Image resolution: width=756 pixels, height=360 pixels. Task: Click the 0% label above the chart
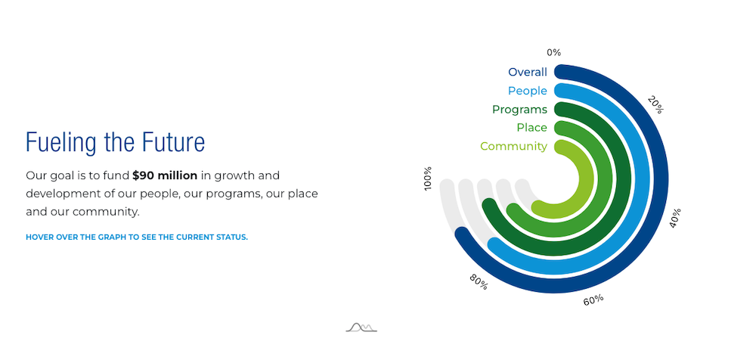[554, 53]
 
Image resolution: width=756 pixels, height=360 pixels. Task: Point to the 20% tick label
[655, 104]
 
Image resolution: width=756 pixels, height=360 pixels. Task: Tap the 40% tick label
[675, 218]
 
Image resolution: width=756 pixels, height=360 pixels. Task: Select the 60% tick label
[593, 300]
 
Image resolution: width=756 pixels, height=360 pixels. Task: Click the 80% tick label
[479, 282]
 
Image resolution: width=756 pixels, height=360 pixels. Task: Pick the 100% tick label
[428, 178]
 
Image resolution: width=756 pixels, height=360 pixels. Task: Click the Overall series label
[528, 73]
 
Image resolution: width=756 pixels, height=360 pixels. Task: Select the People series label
[528, 91]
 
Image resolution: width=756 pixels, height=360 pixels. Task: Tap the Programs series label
[520, 110]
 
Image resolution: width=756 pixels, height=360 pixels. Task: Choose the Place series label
[531, 127]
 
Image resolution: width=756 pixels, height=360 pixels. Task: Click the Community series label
[513, 146]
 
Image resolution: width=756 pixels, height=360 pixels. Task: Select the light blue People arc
[643, 178]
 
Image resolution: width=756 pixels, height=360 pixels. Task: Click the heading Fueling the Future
[115, 142]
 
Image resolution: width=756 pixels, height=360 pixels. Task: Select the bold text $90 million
[165, 175]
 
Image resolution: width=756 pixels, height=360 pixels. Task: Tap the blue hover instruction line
[137, 237]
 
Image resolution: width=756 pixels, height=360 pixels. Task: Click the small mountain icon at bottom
[361, 327]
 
